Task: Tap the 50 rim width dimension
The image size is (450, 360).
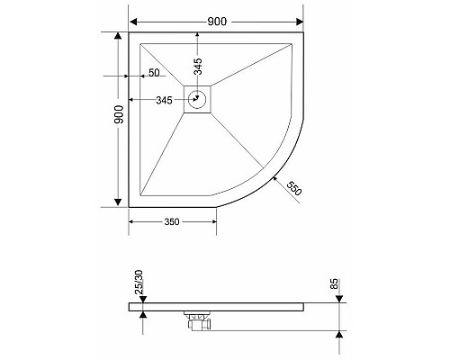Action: (154, 73)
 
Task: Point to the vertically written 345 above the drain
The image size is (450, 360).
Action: (198, 65)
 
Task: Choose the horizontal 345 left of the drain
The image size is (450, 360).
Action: (164, 100)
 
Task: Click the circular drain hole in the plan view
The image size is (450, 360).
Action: (198, 100)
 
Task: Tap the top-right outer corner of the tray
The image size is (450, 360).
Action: (302, 33)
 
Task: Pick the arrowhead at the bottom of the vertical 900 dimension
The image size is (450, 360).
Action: (118, 201)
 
